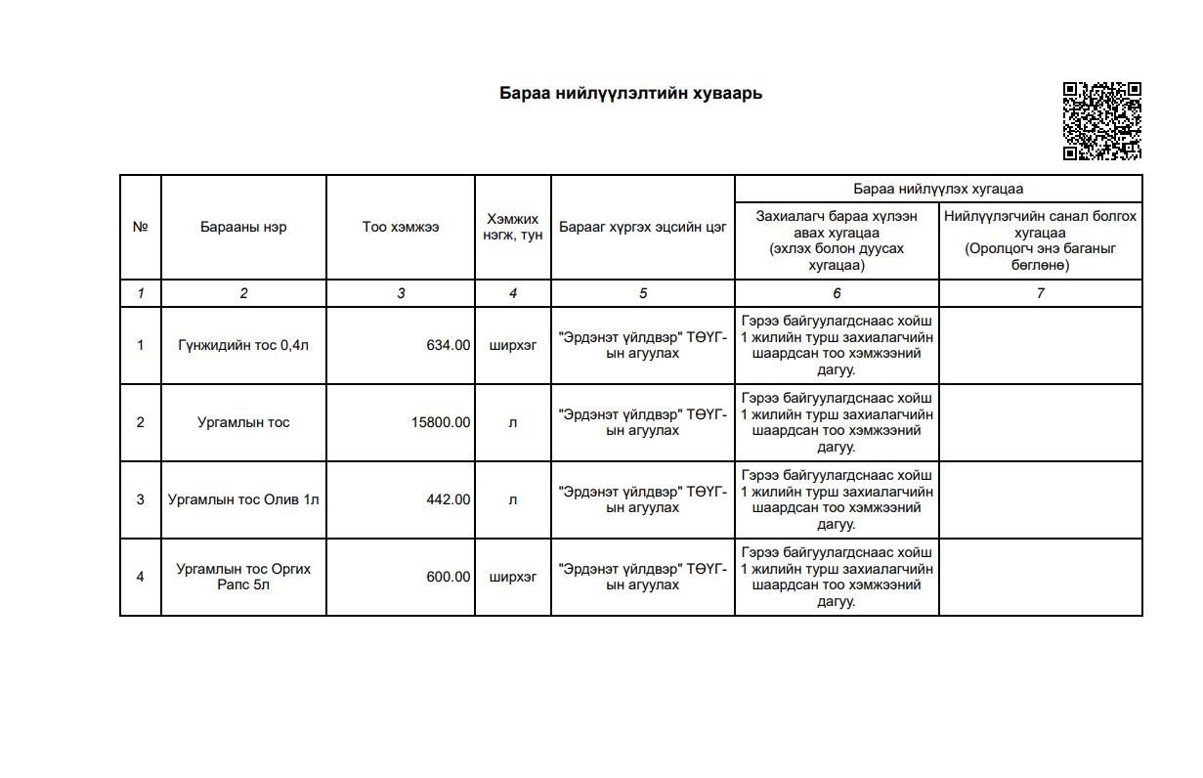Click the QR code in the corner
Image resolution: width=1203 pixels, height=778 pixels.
1101,120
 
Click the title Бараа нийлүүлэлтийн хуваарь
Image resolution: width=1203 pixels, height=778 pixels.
630,94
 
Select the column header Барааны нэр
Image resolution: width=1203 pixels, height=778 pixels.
243,227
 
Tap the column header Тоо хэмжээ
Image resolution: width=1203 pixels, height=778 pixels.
401,227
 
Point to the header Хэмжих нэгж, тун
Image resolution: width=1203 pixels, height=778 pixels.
513,227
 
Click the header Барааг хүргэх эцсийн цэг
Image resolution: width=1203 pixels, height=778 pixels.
642,227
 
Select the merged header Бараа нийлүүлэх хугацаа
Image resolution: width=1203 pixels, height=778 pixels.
938,189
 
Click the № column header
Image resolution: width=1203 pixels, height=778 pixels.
141,227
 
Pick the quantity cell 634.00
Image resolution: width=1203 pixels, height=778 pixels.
448,345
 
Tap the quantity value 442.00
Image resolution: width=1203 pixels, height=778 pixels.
448,499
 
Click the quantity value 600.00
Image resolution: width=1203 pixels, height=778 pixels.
448,577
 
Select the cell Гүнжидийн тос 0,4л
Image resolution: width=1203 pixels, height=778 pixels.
243,345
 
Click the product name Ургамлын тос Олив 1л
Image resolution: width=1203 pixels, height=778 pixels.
243,499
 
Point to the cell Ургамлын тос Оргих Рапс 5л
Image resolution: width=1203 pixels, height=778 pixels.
243,577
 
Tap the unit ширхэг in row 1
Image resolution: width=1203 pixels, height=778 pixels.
513,345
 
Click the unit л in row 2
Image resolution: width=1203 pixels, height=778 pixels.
513,422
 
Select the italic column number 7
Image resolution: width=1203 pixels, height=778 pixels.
1040,293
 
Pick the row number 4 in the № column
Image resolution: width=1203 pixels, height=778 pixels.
141,577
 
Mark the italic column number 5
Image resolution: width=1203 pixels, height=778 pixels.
642,293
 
